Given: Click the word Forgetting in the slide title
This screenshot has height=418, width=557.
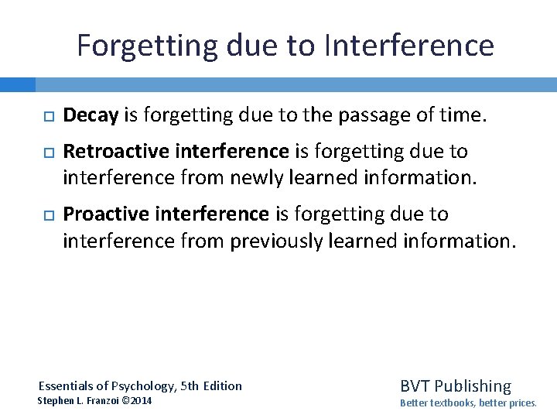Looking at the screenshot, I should click(x=147, y=46).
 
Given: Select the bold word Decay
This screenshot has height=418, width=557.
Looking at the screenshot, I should click(x=91, y=116).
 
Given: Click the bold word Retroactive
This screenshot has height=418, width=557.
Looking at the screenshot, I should click(x=109, y=151).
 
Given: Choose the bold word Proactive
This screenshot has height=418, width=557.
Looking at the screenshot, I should click(x=100, y=213).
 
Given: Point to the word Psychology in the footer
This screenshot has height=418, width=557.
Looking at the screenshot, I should click(x=145, y=385).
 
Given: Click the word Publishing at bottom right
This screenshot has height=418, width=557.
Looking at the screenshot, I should click(x=473, y=385).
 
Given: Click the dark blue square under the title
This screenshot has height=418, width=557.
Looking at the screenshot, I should click(x=18, y=84).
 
